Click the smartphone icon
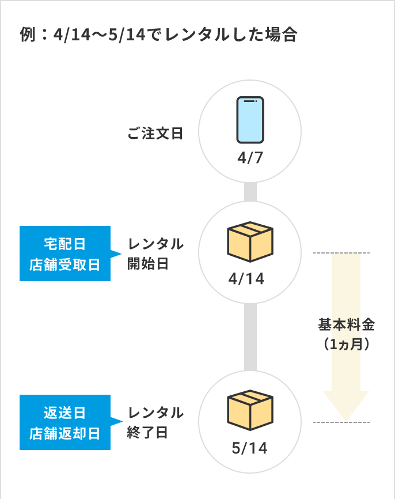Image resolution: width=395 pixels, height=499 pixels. (x=250, y=119)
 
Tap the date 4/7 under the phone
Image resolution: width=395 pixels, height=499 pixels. (x=250, y=158)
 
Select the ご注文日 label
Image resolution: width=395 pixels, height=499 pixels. (x=155, y=134)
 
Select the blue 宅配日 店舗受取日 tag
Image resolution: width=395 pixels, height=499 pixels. (x=64, y=254)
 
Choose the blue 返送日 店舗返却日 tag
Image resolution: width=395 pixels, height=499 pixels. (x=64, y=422)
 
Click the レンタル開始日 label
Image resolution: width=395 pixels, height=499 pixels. (x=155, y=254)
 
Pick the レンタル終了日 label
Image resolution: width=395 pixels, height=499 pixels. (x=155, y=422)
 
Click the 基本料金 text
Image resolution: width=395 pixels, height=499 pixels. (x=347, y=325)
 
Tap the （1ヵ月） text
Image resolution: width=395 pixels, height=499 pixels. (x=347, y=344)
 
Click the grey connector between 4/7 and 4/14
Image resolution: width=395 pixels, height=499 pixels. (x=250, y=191)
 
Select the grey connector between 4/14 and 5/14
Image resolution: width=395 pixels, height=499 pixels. (x=250, y=337)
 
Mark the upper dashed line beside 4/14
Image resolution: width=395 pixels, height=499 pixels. (x=341, y=253)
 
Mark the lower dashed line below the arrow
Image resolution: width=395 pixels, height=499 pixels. (x=341, y=422)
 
